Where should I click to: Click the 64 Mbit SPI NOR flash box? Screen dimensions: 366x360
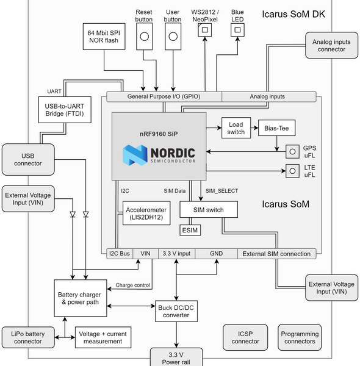(x=104, y=38)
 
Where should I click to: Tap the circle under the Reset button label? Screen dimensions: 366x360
(x=144, y=38)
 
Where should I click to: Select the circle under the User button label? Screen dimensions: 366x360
(x=173, y=38)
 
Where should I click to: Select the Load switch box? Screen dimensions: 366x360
(x=236, y=127)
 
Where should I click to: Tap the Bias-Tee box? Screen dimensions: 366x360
(x=277, y=129)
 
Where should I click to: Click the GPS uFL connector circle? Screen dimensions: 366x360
(x=293, y=151)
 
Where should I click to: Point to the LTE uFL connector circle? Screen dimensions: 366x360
(x=293, y=171)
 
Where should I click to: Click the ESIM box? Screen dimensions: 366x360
(x=190, y=230)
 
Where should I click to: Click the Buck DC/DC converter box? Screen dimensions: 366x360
(x=177, y=311)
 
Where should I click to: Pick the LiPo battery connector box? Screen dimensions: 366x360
(x=28, y=337)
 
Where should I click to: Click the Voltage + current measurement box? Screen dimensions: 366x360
(x=103, y=337)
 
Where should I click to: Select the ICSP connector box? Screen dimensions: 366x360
(x=245, y=337)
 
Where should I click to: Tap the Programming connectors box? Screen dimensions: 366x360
(x=300, y=337)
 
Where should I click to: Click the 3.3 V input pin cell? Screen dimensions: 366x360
(x=177, y=253)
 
